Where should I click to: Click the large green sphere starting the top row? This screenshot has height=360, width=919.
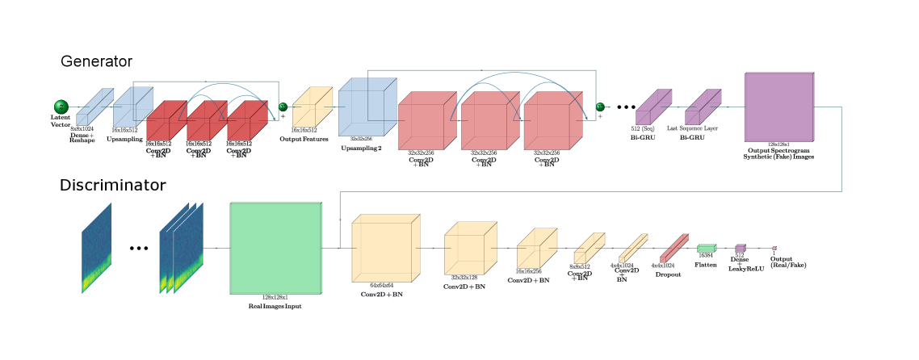tap(61, 107)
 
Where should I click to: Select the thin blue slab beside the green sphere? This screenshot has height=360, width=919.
tap(94, 107)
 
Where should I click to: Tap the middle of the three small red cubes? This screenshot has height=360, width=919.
tap(206, 122)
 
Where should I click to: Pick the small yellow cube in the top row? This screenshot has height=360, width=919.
tap(312, 107)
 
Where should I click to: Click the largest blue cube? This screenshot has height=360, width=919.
tap(367, 107)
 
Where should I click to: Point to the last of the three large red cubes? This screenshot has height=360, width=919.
tap(552, 121)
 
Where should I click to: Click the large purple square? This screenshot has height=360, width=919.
tap(779, 107)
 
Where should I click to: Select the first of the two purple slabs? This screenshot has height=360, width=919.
tap(653, 107)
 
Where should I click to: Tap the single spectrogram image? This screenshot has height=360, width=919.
tap(96, 248)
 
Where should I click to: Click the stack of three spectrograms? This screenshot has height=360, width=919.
tap(181, 248)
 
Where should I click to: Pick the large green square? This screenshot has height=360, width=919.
tap(276, 248)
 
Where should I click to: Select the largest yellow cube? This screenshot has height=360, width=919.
tap(385, 248)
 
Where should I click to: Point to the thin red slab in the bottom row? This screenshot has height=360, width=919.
tap(674, 248)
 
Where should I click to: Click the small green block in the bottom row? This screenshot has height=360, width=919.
tap(707, 248)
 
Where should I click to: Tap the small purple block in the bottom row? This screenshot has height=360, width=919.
tap(741, 248)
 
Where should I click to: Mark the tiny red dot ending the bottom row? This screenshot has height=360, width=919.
tap(774, 248)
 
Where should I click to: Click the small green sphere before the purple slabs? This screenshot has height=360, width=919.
tap(600, 107)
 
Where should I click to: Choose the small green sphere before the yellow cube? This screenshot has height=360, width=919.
tap(283, 107)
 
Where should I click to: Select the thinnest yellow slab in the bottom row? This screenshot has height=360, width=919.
tap(633, 248)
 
